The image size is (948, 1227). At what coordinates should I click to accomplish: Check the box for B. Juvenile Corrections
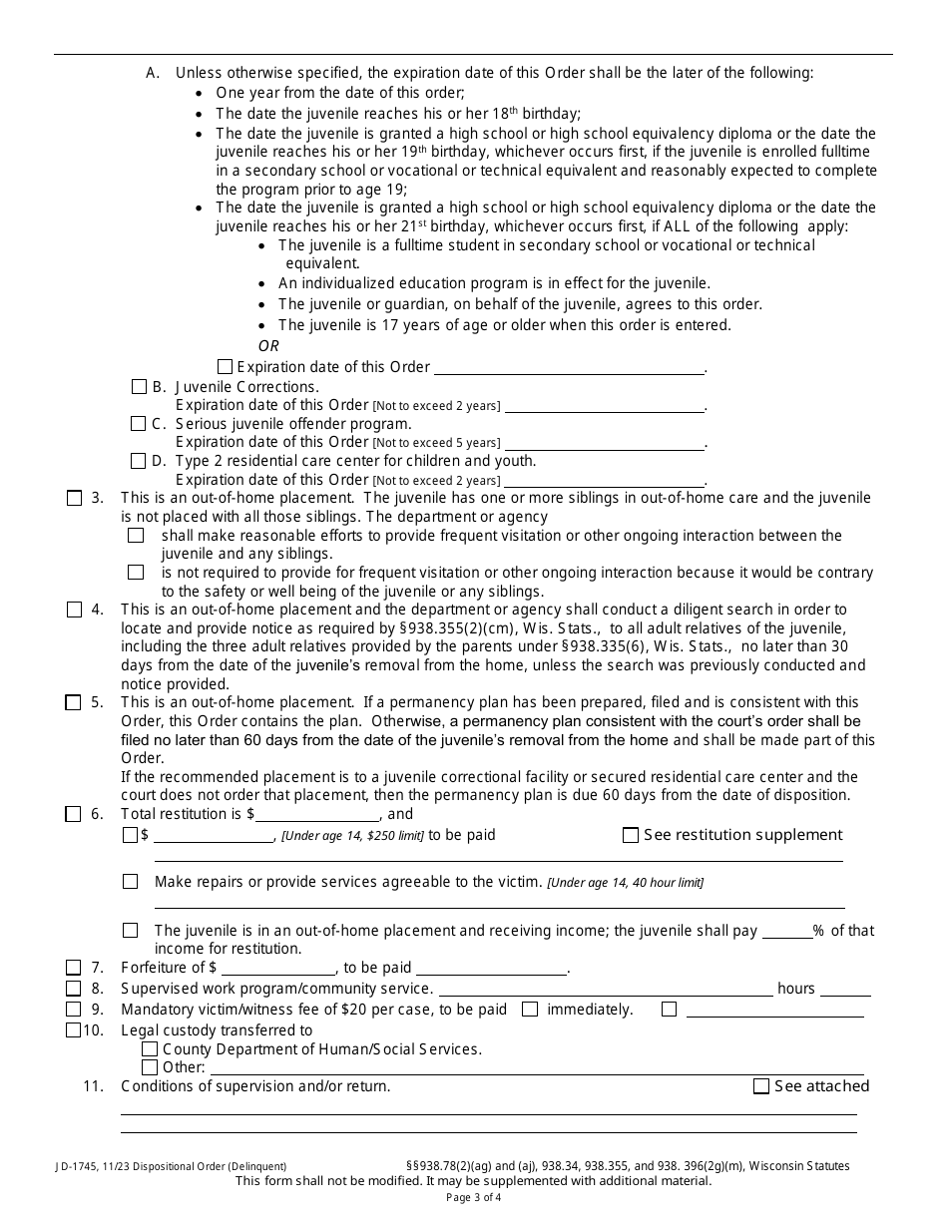pos(139,386)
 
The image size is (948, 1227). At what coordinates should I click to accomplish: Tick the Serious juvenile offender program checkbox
pos(139,424)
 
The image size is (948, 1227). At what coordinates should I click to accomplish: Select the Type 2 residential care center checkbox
pos(139,461)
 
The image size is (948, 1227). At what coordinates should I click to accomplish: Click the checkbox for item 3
pos(74,498)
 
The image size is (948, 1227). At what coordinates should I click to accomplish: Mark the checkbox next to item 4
pos(74,610)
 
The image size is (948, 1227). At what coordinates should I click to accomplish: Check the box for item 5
pos(74,702)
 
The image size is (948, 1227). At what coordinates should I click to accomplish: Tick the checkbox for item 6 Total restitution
pos(74,814)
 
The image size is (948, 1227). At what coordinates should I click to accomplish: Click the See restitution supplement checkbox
pos(630,835)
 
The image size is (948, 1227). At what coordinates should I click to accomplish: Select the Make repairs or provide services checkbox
pos(131,882)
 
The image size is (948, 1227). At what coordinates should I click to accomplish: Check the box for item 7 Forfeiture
pos(74,968)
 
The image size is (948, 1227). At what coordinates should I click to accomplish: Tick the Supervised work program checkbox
pos(74,989)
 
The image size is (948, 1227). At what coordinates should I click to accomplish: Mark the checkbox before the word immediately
pos(530,1010)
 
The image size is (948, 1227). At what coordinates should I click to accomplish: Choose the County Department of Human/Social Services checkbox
pos(150,1049)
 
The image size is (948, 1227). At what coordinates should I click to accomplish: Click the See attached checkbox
pos(761,1086)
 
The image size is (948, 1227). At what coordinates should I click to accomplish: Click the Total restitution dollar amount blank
pos(317,814)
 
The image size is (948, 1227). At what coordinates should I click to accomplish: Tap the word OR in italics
pos(268,346)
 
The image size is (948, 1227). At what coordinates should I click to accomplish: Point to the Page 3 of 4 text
pos(474,1198)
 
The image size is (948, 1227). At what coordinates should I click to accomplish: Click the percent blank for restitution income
pos(786,931)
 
